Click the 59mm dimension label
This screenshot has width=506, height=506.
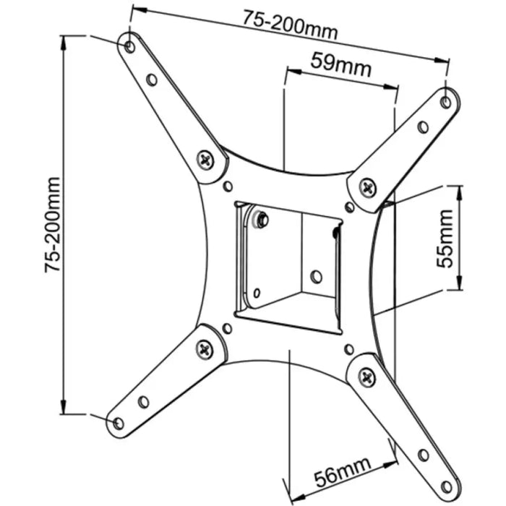tap(340, 66)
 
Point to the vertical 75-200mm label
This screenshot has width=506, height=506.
tap(52, 223)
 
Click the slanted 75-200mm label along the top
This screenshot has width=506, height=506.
tap(291, 27)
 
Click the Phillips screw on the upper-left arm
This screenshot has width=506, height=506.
tap(207, 160)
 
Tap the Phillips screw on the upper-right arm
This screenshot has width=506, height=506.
tap(368, 188)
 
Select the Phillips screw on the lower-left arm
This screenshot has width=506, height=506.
tap(205, 349)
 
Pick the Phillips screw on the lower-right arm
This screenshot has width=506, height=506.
tap(366, 376)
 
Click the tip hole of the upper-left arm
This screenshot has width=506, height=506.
tap(129, 47)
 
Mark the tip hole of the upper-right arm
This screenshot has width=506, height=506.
tap(446, 102)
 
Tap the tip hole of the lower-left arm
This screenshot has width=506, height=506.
tap(116, 422)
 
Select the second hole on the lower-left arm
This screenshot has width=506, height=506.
tap(143, 401)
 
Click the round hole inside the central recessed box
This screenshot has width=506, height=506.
tap(316, 275)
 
